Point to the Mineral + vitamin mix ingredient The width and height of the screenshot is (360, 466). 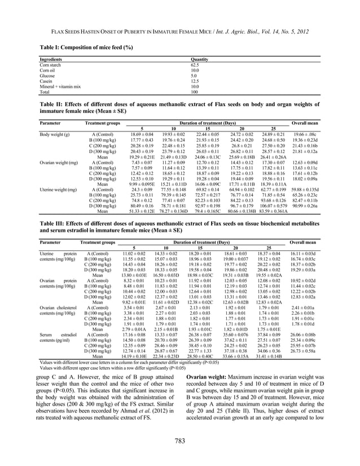coord(60,86)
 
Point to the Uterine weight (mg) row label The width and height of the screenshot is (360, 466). coord(58,188)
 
